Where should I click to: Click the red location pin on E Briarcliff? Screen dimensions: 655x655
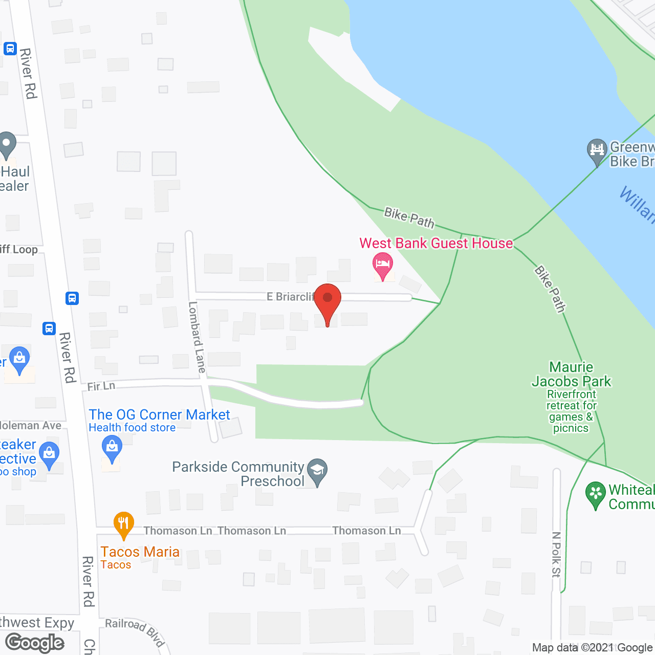(327, 302)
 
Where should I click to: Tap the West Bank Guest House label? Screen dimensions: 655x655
(436, 243)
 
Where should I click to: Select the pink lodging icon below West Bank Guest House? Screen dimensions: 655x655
(383, 265)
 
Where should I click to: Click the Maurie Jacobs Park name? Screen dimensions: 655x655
(571, 375)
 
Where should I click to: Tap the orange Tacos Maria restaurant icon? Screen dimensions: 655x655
(123, 523)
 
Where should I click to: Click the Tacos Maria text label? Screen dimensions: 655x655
(140, 552)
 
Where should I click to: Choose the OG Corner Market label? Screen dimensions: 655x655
(159, 414)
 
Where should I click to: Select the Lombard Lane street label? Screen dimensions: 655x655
(197, 337)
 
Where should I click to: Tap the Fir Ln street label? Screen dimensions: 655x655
(101, 386)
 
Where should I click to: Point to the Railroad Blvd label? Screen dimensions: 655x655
(135, 631)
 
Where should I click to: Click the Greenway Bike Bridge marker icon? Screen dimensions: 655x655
(597, 150)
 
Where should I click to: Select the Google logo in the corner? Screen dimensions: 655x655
(35, 643)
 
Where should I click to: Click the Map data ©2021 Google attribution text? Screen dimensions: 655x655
(592, 648)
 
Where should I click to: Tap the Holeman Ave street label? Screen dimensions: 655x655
(31, 425)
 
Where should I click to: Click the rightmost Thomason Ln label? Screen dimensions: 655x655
(366, 531)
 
